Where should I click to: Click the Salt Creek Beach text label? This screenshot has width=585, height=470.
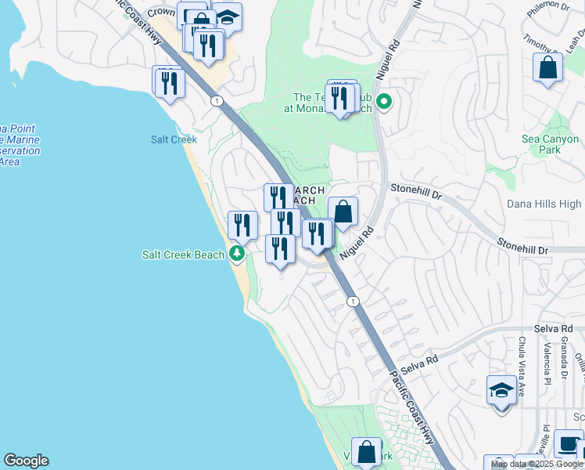pos(183,254)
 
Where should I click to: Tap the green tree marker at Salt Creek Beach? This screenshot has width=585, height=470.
pos(237,254)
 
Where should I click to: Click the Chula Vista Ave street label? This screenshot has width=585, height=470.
pos(522,356)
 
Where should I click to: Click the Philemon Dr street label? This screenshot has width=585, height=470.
pos(548,6)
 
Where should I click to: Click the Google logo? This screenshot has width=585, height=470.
pos(26,461)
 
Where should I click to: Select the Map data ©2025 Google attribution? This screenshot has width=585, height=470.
pos(537,465)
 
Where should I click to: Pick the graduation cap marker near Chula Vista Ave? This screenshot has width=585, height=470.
pos(501,389)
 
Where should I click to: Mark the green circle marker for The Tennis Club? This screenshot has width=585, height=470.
pos(384,102)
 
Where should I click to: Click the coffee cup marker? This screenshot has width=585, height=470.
pos(568,443)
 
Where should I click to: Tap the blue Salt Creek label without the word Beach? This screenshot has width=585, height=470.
pos(174,139)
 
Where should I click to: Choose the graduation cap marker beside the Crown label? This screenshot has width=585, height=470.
pos(227,16)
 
